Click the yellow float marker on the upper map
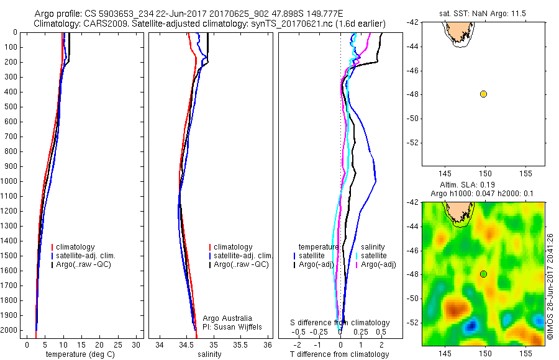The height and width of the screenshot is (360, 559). tap(483, 94)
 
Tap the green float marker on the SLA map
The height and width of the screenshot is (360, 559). tap(483, 274)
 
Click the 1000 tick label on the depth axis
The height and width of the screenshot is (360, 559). tap(12, 181)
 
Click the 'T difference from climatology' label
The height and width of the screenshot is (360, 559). tap(339, 354)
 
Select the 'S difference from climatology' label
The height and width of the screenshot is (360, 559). tap(340, 323)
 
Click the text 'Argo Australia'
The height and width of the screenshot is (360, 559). tap(227, 318)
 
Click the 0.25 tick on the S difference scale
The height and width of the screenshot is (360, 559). tap(360, 332)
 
